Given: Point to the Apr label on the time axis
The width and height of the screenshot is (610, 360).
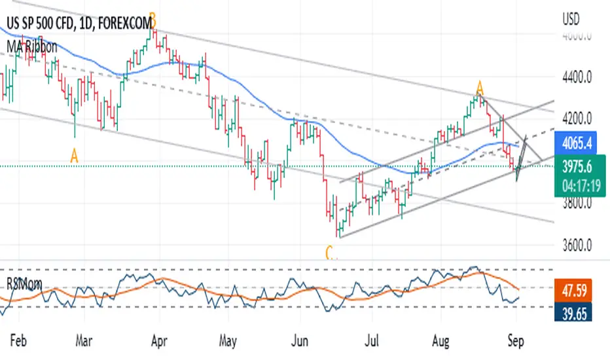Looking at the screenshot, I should (x=157, y=341).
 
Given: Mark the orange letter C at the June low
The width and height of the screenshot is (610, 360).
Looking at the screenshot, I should (x=329, y=251).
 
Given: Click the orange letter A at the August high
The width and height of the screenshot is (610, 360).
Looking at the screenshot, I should (x=480, y=87).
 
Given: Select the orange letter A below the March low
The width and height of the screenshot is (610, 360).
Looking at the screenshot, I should (x=74, y=155).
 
